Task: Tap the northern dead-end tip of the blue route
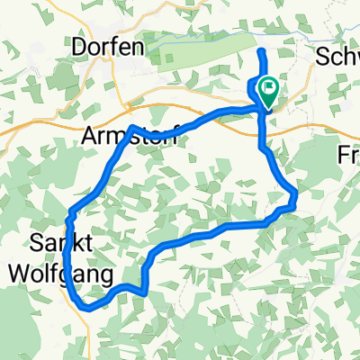(x=262, y=53)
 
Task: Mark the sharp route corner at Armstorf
(x=132, y=127)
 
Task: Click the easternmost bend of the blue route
(x=296, y=192)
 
